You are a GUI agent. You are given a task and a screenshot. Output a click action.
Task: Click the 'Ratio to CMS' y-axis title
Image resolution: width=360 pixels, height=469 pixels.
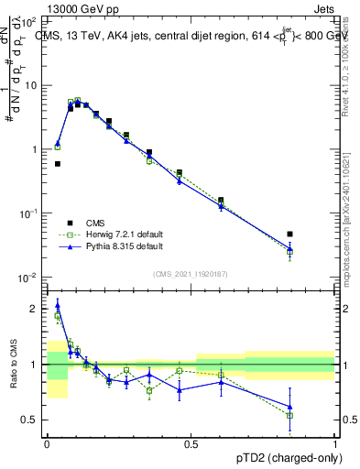click(14, 366)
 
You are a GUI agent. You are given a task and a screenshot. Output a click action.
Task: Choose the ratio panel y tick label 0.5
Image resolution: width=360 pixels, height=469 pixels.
click(30, 420)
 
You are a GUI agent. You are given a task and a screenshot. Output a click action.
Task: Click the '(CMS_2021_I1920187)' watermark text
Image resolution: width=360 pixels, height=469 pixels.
click(191, 274)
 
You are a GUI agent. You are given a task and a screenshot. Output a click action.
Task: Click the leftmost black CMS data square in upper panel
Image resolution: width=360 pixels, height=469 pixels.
click(58, 164)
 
